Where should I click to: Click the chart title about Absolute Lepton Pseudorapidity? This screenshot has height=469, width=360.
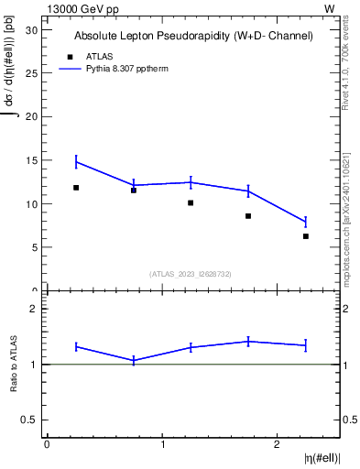tap(193, 36)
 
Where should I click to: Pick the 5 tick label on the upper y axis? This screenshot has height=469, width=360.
tap(36, 247)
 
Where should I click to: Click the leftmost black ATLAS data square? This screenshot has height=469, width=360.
tap(76, 188)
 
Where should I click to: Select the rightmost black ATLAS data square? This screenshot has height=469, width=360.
tap(306, 236)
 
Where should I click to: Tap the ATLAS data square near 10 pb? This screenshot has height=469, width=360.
tap(191, 202)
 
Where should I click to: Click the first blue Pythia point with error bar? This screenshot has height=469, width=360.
tap(76, 162)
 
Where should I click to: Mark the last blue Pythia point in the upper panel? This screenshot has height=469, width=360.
tap(306, 222)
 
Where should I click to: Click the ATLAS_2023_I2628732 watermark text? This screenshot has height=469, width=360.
tap(191, 274)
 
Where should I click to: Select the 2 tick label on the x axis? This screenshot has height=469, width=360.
tap(277, 444)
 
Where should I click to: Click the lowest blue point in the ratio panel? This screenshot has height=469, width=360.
tap(134, 360)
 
